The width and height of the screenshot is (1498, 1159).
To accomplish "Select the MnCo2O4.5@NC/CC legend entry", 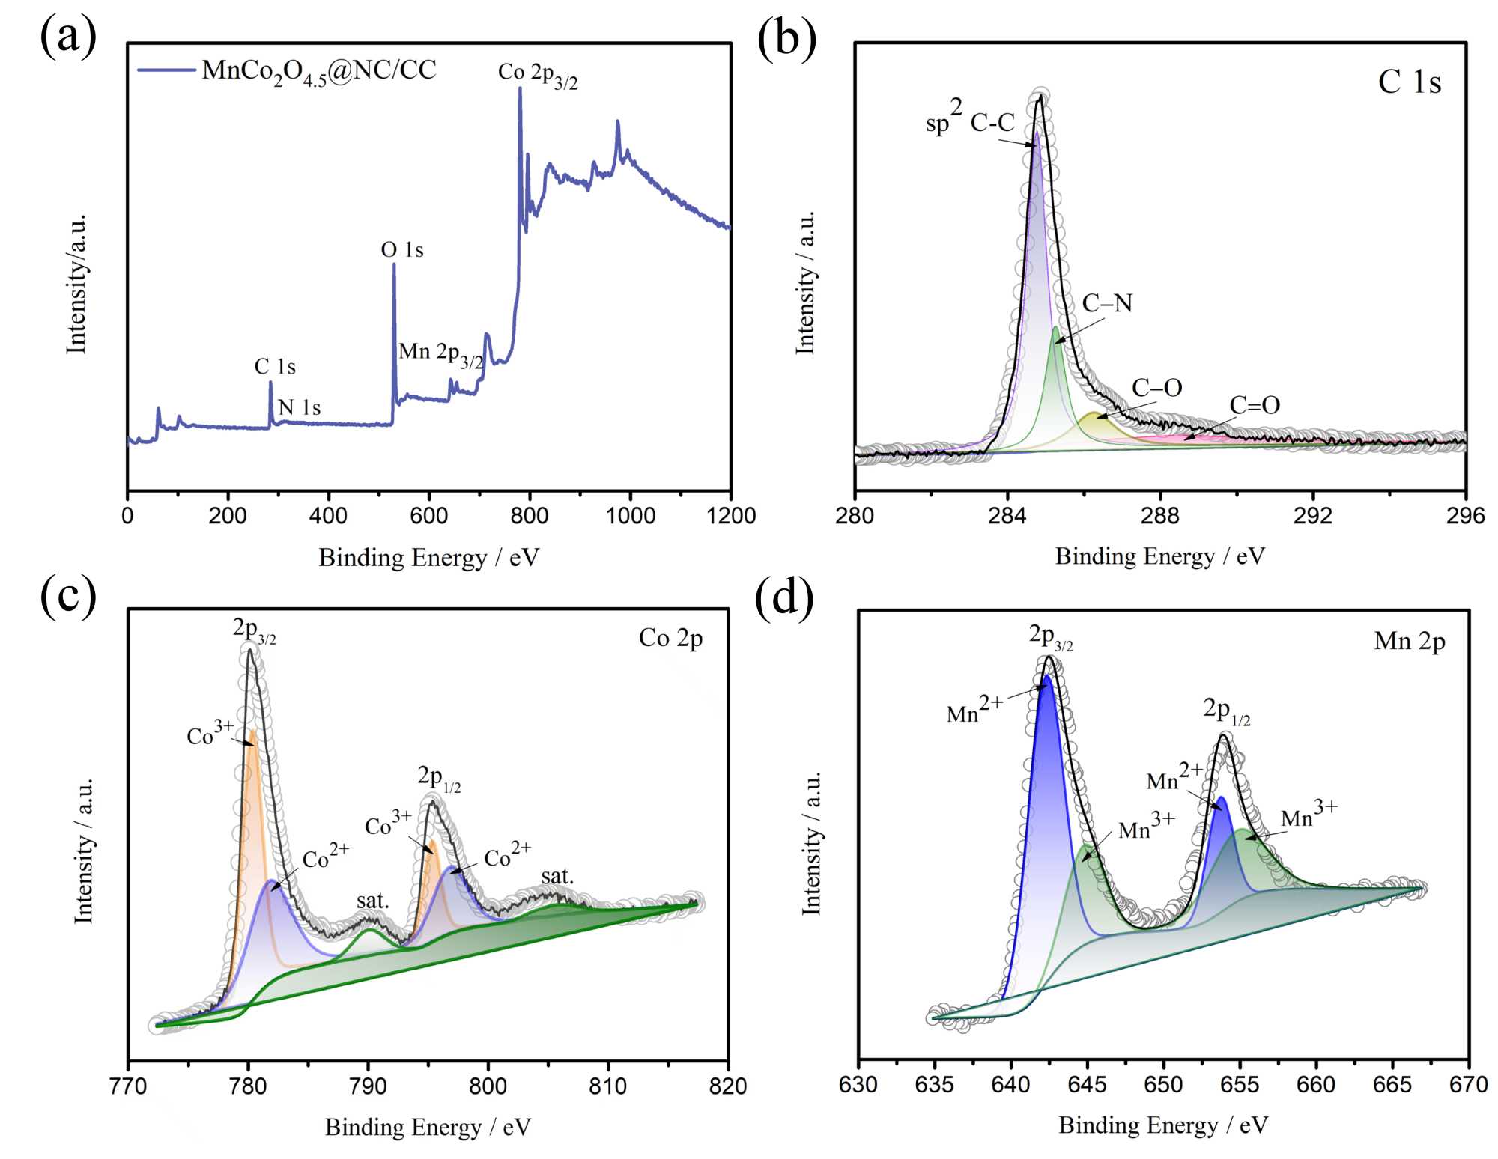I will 318,71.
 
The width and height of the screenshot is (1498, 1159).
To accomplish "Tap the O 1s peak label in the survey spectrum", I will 402,249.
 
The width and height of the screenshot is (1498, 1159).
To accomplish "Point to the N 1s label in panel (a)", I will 300,407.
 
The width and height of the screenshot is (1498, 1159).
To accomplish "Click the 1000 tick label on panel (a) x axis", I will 630,516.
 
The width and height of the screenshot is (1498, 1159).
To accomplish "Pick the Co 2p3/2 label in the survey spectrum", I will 538,74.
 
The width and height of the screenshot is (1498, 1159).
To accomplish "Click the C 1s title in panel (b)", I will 1409,82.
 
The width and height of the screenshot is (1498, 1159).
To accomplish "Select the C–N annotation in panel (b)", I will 1107,303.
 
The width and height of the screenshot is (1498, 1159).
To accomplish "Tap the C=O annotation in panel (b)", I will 1255,405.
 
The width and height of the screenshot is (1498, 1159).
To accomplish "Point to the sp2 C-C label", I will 970,120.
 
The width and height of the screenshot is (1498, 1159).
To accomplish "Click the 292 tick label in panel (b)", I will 1312,516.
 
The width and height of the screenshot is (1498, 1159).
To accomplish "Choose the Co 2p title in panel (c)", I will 670,638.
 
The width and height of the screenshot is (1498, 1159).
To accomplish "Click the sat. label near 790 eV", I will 372,901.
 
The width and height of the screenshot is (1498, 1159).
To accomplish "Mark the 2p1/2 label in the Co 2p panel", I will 439,777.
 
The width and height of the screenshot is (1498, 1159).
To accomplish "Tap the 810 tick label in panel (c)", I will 607,1086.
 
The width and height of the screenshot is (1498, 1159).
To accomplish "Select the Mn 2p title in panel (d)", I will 1409,642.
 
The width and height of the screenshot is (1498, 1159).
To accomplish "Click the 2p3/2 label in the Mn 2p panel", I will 1050,636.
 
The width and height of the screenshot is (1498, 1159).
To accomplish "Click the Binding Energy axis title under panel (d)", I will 1162,1125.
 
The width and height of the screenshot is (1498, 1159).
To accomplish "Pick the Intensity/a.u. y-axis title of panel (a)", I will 77,284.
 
